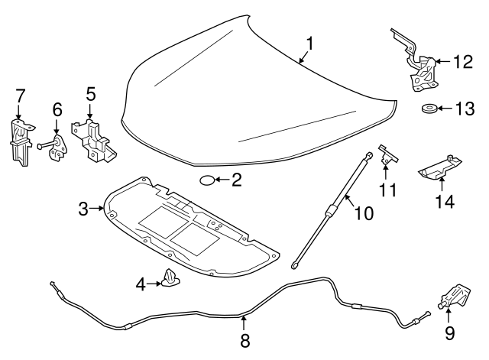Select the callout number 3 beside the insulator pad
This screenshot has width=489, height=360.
pyautogui.click(x=84, y=207)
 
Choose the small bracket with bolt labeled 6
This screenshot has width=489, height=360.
pyautogui.click(x=56, y=147)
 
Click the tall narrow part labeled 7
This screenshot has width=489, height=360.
pyautogui.click(x=20, y=141)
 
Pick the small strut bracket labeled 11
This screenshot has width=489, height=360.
pyautogui.click(x=388, y=157)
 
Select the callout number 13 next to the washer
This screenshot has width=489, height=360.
pyautogui.click(x=465, y=109)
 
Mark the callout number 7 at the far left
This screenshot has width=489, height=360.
pyautogui.click(x=20, y=96)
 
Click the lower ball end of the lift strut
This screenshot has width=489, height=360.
pyautogui.click(x=293, y=265)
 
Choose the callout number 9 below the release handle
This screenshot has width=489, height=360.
pyautogui.click(x=449, y=333)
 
